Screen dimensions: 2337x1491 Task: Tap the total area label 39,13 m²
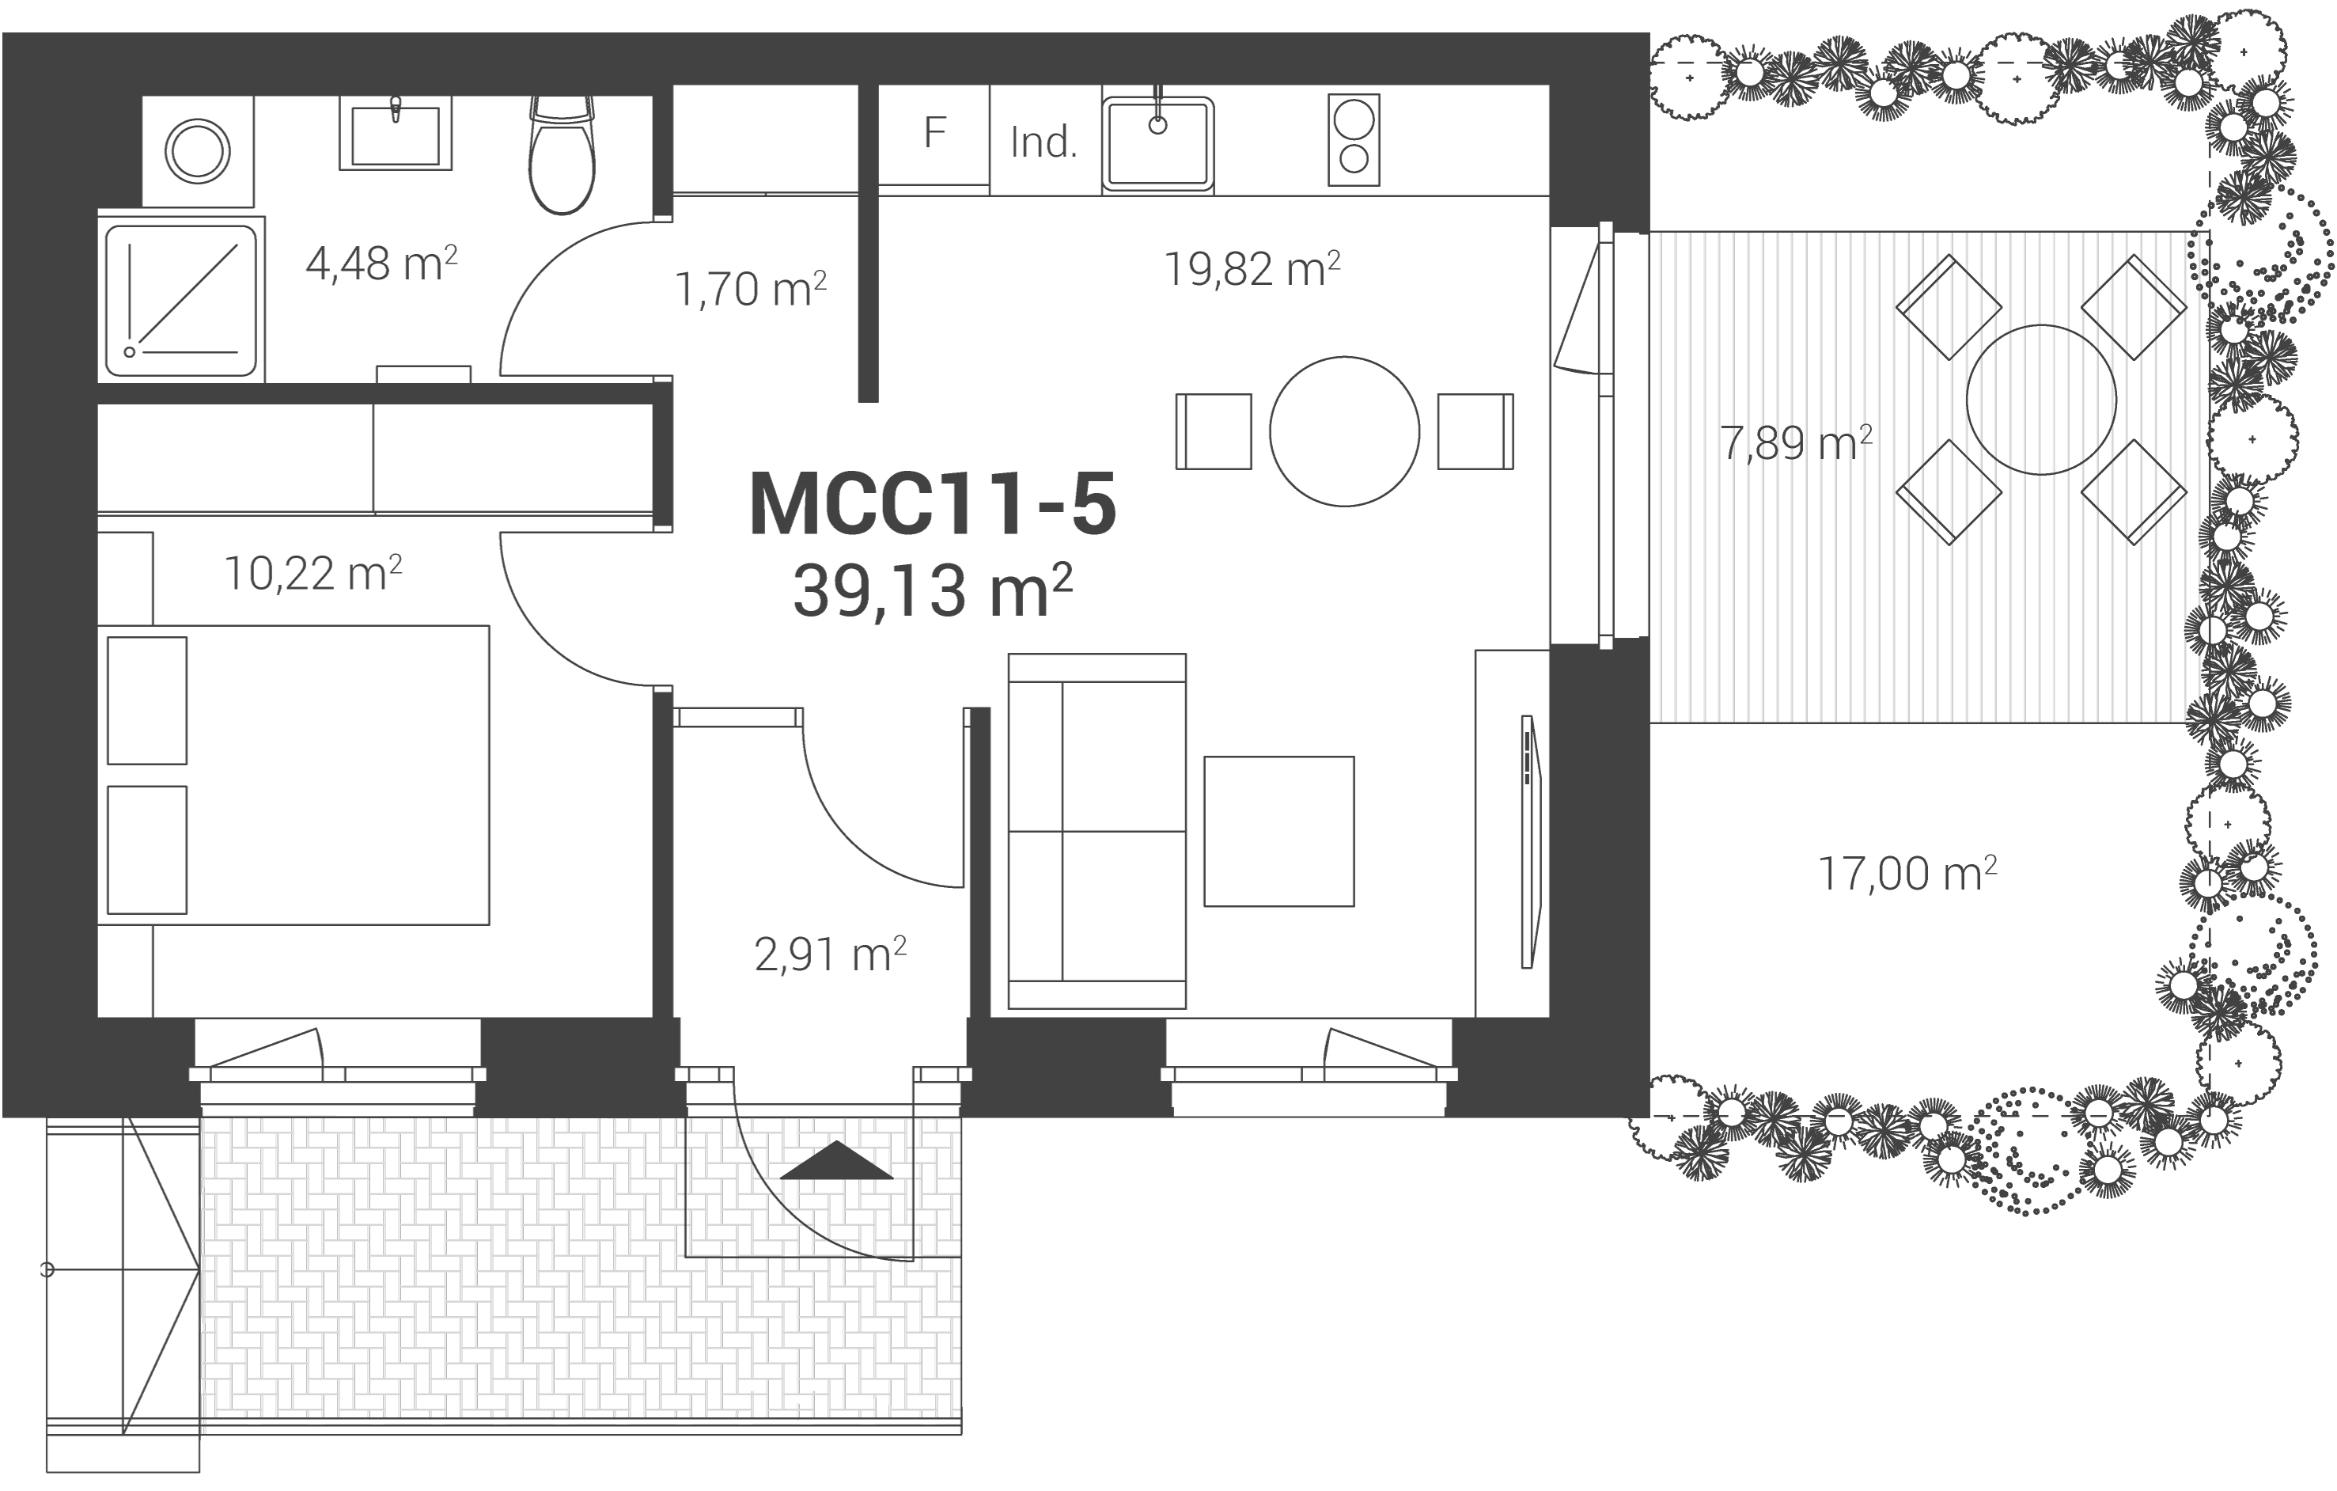pyautogui.click(x=933, y=590)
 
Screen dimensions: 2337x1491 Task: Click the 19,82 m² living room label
pyautogui.click(x=1252, y=269)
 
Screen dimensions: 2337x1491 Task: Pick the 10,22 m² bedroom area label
pyautogui.click(x=312, y=573)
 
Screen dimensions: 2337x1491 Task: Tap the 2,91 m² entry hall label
pyautogui.click(x=830, y=954)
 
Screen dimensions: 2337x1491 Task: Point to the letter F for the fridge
pyautogui.click(x=934, y=133)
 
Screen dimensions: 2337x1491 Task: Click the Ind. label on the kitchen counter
pyautogui.click(x=1044, y=142)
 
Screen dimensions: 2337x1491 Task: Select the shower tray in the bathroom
pyautogui.click(x=181, y=300)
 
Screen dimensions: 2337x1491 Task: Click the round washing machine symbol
pyautogui.click(x=197, y=151)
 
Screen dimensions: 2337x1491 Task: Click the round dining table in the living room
pyautogui.click(x=1344, y=431)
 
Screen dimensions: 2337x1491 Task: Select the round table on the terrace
pyautogui.click(x=2041, y=400)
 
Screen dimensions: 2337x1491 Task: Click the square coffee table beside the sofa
pyautogui.click(x=1279, y=832)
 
